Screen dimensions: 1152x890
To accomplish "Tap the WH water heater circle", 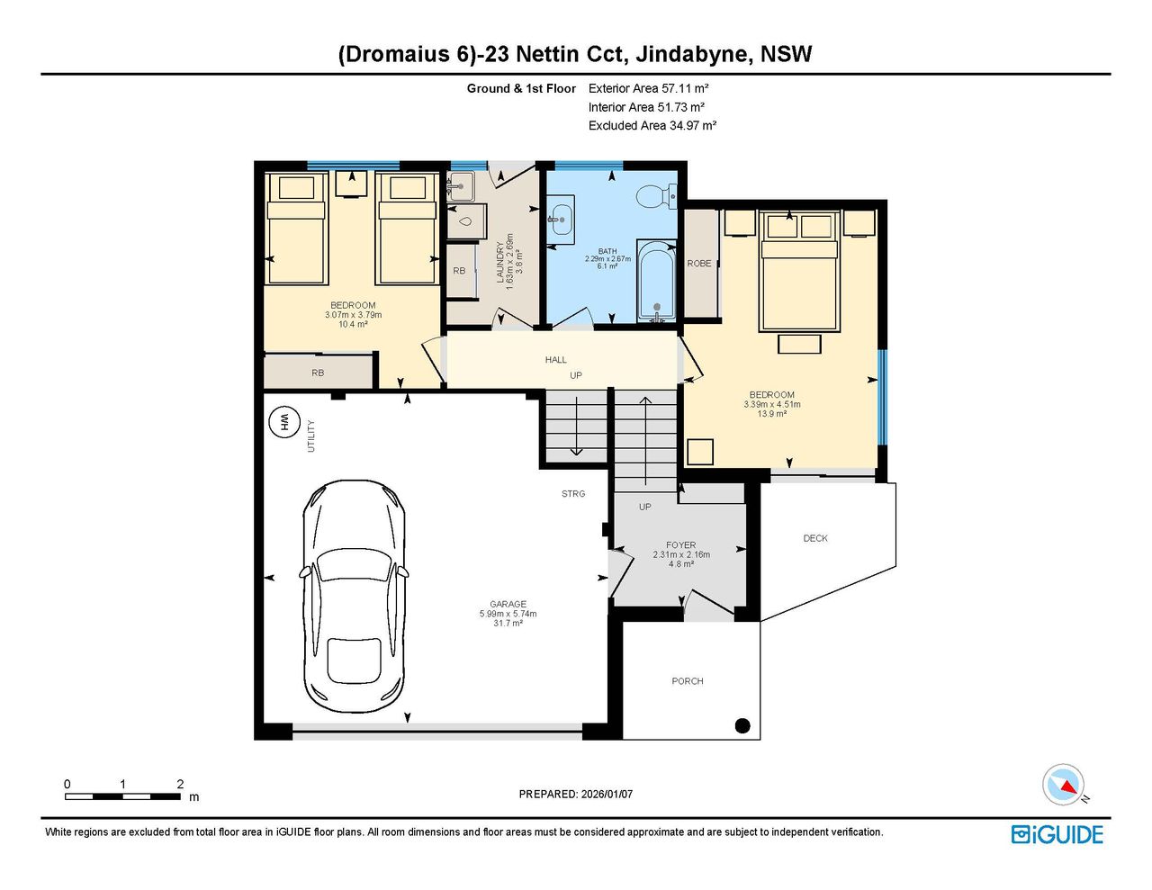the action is coord(284,423).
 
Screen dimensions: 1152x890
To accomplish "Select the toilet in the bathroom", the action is coord(656,197).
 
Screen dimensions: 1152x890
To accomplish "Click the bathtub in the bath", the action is coord(657,281).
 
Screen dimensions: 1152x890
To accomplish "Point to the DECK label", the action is coord(814,538).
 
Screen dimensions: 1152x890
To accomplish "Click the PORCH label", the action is coord(687,680).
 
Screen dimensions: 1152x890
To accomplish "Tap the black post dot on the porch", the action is coord(742,725).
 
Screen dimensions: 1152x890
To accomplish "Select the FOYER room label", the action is coord(680,544).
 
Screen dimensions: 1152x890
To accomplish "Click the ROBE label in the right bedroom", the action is coord(698,263).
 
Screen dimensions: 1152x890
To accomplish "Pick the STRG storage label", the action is coord(573,493).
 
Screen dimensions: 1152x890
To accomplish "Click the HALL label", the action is coord(555,359).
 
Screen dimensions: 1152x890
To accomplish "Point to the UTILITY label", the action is coord(311,436).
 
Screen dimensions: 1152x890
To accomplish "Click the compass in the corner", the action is coord(1063,785).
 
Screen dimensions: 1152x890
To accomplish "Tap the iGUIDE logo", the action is coord(1057,834).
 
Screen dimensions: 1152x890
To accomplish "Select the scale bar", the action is coord(122,796).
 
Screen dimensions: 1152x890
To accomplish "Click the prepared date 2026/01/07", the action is coord(607,794).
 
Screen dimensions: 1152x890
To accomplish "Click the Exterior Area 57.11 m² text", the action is coord(648,88).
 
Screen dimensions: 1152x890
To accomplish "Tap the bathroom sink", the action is coord(561,219).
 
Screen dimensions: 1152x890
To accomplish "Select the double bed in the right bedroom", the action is coord(799,271).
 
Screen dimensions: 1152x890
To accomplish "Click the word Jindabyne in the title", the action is coord(693,55).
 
